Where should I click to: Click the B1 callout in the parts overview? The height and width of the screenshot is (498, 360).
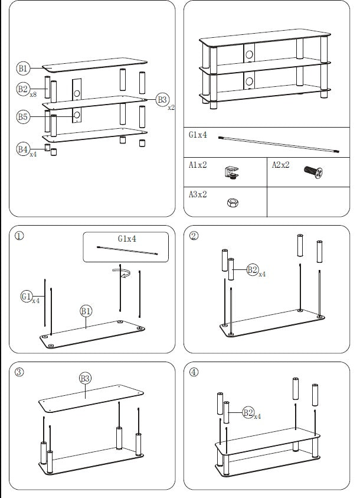click(23, 69)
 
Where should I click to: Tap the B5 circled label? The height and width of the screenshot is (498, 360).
click(22, 117)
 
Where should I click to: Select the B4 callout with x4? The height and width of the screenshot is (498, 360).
click(23, 149)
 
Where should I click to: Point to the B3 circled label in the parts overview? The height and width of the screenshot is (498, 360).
click(162, 100)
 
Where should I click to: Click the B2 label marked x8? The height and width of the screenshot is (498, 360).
click(23, 89)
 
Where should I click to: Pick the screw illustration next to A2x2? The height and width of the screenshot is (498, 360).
click(313, 172)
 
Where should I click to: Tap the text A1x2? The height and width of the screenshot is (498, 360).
click(198, 165)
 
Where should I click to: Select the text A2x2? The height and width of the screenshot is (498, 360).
click(280, 165)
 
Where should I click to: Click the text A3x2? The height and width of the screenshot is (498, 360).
click(198, 194)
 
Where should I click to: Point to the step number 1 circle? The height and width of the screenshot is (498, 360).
click(19, 236)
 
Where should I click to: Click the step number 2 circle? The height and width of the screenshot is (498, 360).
click(194, 236)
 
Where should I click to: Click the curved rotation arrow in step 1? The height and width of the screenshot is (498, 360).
click(122, 272)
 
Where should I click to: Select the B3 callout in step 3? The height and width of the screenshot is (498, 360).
click(86, 378)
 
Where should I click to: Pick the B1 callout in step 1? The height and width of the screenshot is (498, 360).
click(86, 311)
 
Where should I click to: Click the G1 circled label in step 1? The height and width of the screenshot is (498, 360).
click(27, 295)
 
